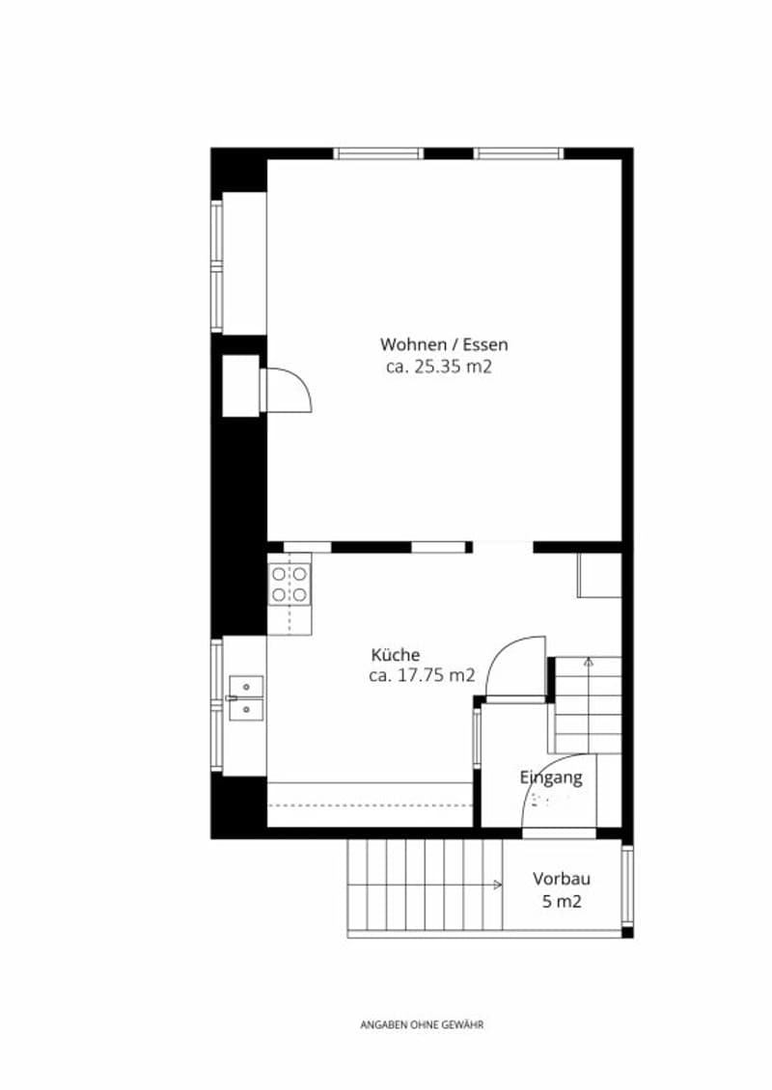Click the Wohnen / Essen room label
click(x=444, y=344)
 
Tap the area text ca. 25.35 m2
click(x=439, y=367)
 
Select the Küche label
click(x=395, y=654)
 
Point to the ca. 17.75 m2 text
click(x=422, y=674)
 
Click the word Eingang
click(x=552, y=777)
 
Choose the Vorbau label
click(x=562, y=878)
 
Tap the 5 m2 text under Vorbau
click(x=562, y=901)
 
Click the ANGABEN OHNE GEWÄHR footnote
click(x=422, y=1024)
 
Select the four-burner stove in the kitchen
click(x=290, y=584)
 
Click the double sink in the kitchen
click(x=246, y=697)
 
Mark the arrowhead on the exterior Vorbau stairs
click(x=497, y=885)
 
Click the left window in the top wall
click(x=378, y=153)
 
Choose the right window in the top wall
click(x=519, y=153)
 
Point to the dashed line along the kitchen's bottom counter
click(x=370, y=805)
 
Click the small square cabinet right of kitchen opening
click(x=599, y=576)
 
